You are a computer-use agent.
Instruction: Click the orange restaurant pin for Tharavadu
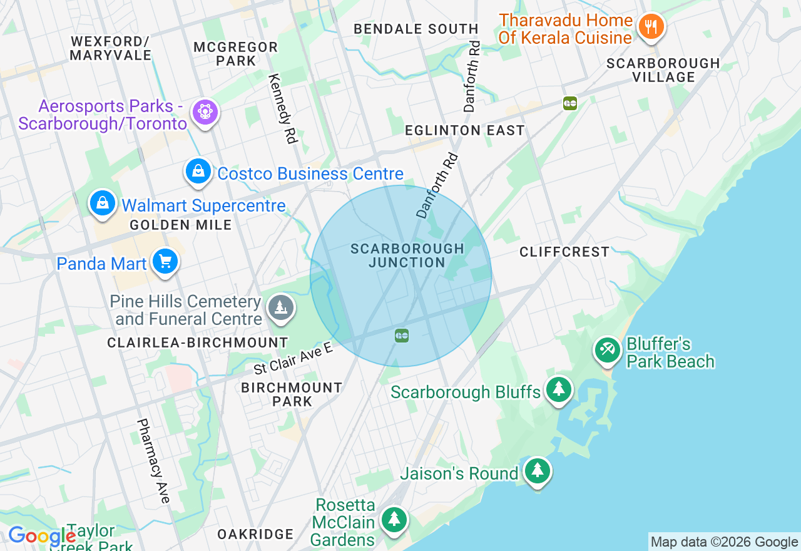pos(651,27)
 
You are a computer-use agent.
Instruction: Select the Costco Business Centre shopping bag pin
pos(198,171)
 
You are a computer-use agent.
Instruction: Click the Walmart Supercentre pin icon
pos(101,203)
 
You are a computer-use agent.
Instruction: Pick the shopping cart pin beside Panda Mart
pos(165,262)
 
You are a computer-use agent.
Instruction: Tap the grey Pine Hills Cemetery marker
pos(281,308)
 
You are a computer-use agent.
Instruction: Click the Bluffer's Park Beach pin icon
pos(606,350)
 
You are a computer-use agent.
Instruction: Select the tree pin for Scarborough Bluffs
pos(558,390)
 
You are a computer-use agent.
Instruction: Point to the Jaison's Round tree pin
pos(537,471)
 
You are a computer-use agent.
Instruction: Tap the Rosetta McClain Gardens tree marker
pos(394,520)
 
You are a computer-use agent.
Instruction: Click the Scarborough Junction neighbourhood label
pos(407,255)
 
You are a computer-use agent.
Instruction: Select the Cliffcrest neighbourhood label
pos(564,252)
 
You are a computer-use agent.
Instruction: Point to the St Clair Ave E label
pos(293,359)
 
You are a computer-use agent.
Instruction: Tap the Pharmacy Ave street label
pos(153,460)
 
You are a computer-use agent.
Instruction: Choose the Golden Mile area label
pos(181,225)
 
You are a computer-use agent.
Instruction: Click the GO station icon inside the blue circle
pos(402,336)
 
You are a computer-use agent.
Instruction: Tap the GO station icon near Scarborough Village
pos(569,103)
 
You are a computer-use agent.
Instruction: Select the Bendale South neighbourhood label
pos(416,29)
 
